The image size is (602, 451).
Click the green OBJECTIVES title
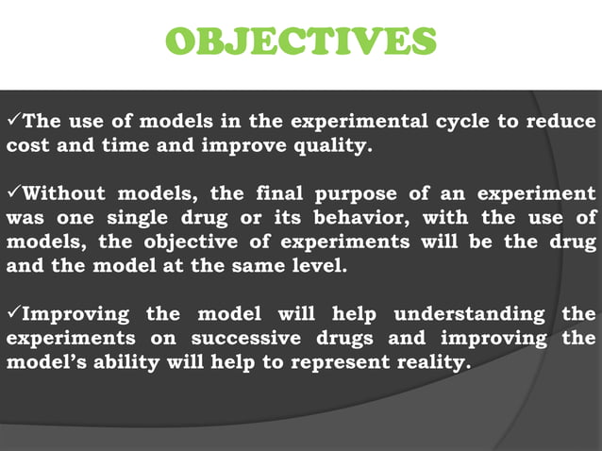tap(301, 41)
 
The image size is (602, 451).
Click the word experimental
tap(359, 122)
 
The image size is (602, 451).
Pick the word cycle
tap(462, 122)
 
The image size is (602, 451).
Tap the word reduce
tap(560, 121)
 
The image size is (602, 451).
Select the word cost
tap(27, 145)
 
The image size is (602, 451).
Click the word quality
tap(333, 146)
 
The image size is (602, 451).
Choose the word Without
tap(63, 192)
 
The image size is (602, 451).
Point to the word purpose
tap(356, 194)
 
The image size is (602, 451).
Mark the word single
tap(138, 218)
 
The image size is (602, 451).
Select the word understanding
tap(469, 314)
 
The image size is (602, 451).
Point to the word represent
tap(341, 362)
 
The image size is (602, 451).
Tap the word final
tap(279, 192)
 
